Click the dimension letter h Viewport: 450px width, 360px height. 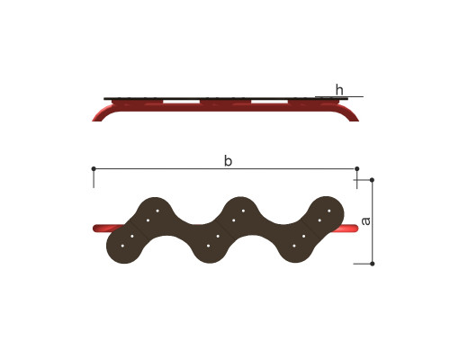(339, 90)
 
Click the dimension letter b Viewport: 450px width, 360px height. (228, 161)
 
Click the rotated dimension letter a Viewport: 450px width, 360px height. (365, 221)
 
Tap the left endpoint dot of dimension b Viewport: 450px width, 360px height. (94, 169)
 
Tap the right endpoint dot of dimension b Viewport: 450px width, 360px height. (356, 169)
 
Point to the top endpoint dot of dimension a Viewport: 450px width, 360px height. (372, 180)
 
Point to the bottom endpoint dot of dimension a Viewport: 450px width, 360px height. (373, 264)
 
